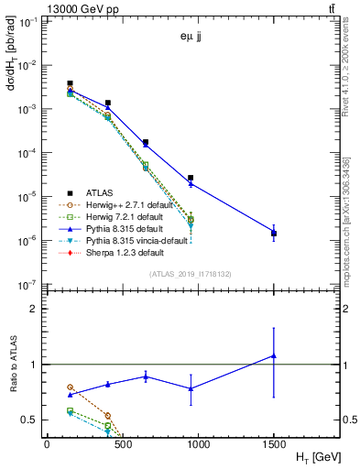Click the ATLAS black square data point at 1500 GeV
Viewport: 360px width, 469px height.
pyautogui.click(x=274, y=234)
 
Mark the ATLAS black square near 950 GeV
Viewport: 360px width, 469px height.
pyautogui.click(x=191, y=178)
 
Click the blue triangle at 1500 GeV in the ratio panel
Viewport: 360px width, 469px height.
pyautogui.click(x=274, y=355)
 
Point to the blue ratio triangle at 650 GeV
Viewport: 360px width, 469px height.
pyautogui.click(x=146, y=376)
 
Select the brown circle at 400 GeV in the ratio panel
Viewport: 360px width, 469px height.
pyautogui.click(x=108, y=415)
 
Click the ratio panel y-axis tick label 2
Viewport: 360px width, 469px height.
pyautogui.click(x=34, y=309)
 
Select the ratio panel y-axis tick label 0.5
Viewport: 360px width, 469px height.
pyautogui.click(x=29, y=420)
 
